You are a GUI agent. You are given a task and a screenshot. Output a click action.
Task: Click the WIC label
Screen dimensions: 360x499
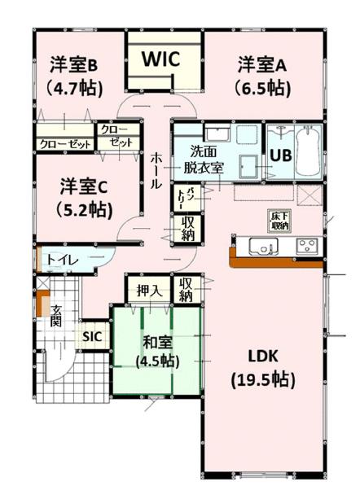[x=161, y=59]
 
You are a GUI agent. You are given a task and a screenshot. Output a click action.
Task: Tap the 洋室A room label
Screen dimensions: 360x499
[x=262, y=65]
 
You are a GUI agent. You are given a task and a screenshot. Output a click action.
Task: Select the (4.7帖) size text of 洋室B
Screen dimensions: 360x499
[x=74, y=88]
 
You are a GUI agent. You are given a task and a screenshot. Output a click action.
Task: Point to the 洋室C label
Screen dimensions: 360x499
[x=84, y=186]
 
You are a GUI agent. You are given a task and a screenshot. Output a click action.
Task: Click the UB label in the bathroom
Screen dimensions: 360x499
[x=281, y=155]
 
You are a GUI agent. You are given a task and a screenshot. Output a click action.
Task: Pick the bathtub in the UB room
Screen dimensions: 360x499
[x=308, y=152]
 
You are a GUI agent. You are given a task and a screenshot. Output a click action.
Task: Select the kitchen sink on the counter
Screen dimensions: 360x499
[x=264, y=247]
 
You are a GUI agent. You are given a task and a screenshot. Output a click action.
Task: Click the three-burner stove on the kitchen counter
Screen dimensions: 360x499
[x=307, y=246]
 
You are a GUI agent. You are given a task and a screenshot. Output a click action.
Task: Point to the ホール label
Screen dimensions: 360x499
[x=156, y=171]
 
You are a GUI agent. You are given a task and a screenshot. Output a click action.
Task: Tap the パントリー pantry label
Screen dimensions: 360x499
[x=185, y=198]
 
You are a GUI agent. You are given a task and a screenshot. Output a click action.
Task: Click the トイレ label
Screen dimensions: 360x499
[x=63, y=260]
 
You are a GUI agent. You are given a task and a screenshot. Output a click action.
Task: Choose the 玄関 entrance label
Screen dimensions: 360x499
[x=56, y=316]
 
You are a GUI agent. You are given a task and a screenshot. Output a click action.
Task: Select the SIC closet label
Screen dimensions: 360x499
[x=92, y=336]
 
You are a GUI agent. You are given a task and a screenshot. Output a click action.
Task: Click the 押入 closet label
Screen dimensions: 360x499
[x=149, y=291]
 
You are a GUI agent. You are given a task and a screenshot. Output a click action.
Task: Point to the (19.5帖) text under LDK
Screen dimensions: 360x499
[x=263, y=379]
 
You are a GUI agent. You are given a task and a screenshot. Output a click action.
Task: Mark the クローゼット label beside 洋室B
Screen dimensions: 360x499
[x=66, y=144]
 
